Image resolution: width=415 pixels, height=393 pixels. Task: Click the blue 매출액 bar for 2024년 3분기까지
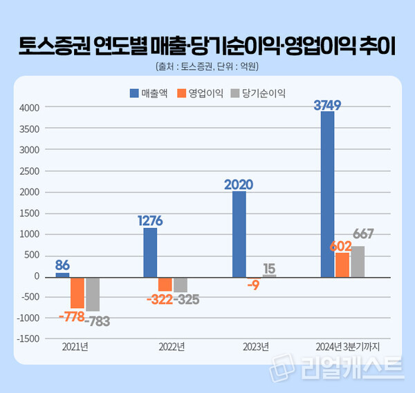click(327, 193)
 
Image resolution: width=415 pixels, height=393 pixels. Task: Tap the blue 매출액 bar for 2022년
click(150, 252)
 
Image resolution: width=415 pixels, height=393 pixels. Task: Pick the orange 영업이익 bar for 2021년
click(77, 292)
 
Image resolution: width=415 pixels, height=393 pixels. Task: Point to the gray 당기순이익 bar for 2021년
click(92, 294)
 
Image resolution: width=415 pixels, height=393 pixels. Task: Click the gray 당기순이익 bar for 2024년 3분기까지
click(358, 261)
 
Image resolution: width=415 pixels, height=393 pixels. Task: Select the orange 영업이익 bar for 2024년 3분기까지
click(342, 265)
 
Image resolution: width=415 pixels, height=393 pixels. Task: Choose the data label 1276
click(149, 221)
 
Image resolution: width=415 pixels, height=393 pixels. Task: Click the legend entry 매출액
click(148, 93)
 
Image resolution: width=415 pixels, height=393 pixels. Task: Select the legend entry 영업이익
click(201, 93)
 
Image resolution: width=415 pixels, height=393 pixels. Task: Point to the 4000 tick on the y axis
click(29, 108)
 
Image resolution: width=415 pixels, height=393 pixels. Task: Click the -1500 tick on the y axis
click(28, 338)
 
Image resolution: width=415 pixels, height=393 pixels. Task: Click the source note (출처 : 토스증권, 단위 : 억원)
click(207, 67)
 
